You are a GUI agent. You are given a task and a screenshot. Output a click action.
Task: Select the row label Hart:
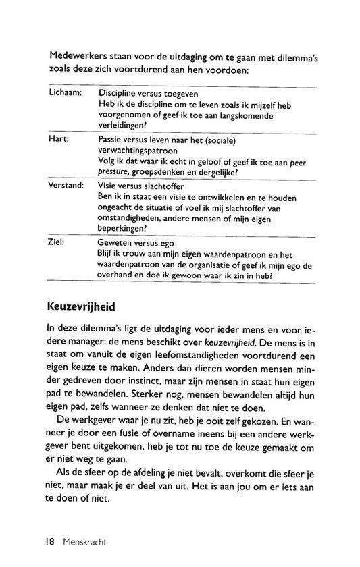tap(59, 138)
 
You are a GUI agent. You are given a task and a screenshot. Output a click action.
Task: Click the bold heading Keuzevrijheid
tap(83, 306)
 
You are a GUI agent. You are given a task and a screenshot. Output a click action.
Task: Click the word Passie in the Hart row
tap(113, 138)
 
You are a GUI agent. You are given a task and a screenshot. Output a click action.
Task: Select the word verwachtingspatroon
tap(143, 149)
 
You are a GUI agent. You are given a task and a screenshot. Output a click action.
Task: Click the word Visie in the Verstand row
tap(110, 184)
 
